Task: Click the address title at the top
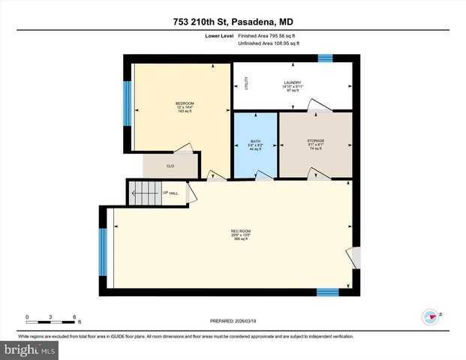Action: (233, 23)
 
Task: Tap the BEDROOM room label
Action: (185, 103)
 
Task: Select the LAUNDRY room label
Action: (292, 82)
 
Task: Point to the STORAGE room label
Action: (315, 141)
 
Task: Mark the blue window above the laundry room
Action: (326, 58)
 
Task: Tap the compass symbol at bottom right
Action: (430, 316)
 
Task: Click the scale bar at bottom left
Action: (50, 320)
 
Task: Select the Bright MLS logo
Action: (30, 349)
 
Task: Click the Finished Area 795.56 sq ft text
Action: (268, 35)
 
